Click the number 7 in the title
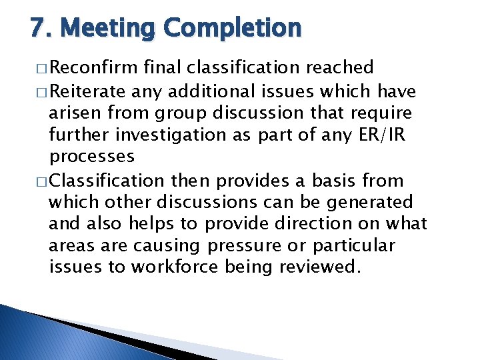[38, 29]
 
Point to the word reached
[341, 67]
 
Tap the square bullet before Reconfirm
[43, 68]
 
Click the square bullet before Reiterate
[43, 91]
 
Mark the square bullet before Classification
[43, 181]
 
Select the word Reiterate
[88, 90]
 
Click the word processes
[91, 157]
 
